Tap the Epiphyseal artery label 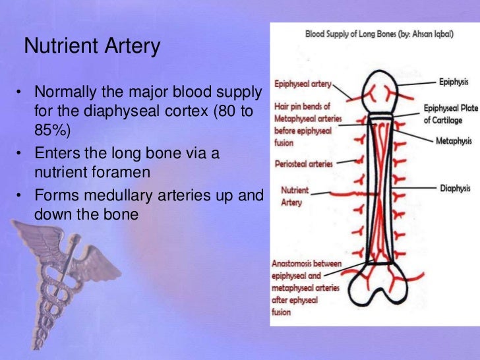coord(303,84)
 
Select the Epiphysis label coord(454,82)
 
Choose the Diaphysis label coord(455,188)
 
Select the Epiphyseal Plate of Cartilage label coord(446,113)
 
